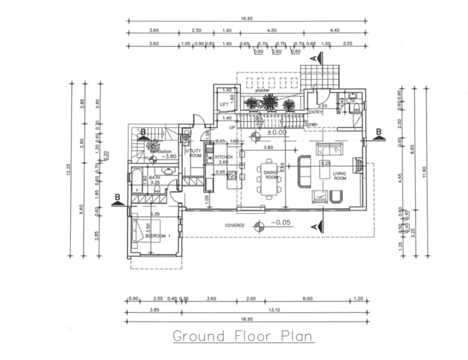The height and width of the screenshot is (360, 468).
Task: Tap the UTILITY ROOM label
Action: tap(194, 153)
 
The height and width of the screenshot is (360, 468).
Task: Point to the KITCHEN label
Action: tap(224, 157)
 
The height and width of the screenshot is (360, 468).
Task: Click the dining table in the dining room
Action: tap(270, 177)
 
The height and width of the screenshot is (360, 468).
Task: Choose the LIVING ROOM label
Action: tap(339, 176)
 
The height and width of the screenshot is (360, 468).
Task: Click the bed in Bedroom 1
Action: tap(146, 232)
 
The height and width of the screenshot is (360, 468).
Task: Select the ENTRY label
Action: tap(316, 112)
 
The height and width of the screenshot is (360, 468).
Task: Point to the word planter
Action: tap(263, 90)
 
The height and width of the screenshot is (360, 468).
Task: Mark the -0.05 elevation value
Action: tap(282, 223)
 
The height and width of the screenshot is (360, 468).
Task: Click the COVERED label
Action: tap(235, 225)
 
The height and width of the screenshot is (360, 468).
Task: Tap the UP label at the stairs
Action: tap(232, 127)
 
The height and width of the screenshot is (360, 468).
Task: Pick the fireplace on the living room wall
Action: tap(359, 165)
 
